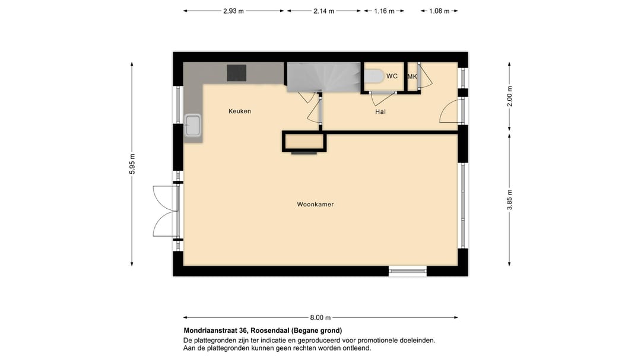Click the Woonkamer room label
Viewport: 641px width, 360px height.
point(315,205)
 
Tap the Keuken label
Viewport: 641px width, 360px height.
point(240,111)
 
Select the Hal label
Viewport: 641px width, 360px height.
point(380,111)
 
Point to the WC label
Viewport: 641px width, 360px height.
point(392,77)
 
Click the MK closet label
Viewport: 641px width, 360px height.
point(412,77)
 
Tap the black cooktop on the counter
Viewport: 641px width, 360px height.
point(237,72)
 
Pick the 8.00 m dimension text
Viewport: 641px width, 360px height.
point(320,317)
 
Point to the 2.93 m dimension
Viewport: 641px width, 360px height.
point(233,11)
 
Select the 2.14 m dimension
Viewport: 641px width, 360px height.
point(323,11)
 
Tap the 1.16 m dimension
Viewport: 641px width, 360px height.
point(384,11)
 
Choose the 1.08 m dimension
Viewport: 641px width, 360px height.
point(439,11)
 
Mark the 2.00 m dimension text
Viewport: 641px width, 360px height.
point(509,96)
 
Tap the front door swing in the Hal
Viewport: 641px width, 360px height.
point(450,111)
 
